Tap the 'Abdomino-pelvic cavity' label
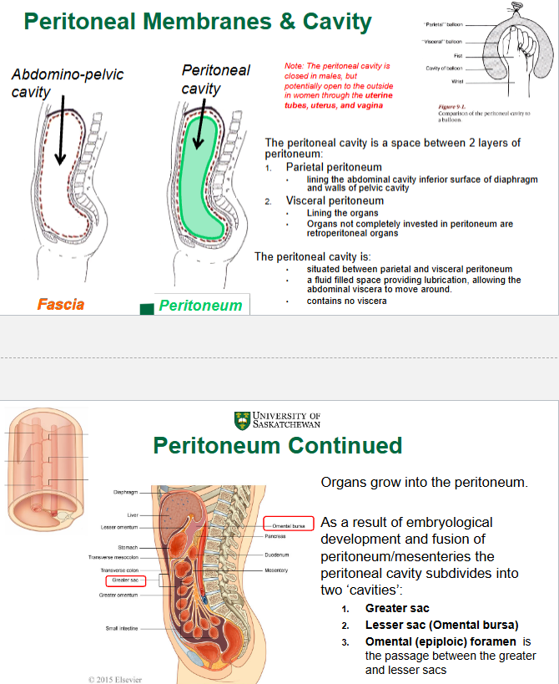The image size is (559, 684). [x=68, y=83]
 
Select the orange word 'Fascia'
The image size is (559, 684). [x=61, y=304]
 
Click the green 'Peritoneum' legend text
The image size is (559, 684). [x=200, y=306]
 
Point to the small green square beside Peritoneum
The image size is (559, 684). [x=147, y=308]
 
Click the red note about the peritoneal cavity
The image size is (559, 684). [x=339, y=85]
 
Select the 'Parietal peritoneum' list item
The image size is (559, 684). [x=334, y=167]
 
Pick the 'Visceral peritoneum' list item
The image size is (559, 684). [x=335, y=200]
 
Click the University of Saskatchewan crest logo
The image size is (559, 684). [x=243, y=420]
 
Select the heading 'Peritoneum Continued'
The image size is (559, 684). [x=278, y=446]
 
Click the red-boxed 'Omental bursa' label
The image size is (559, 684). [x=289, y=524]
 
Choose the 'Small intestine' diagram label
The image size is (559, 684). [x=122, y=628]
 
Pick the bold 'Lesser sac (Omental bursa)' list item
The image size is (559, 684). [x=441, y=625]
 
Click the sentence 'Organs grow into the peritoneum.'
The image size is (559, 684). [x=425, y=483]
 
